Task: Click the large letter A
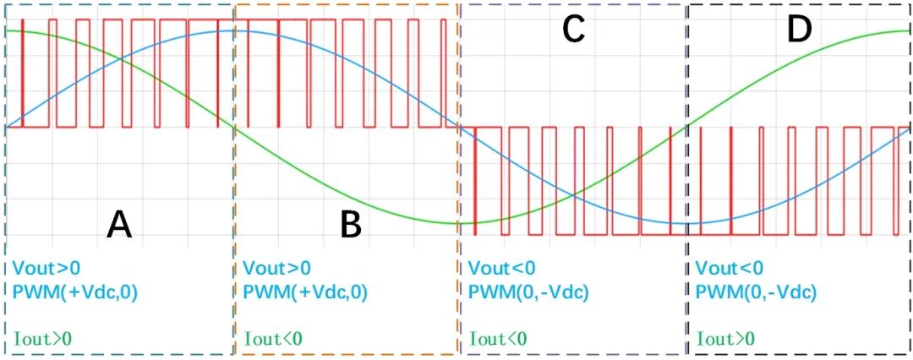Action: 119,224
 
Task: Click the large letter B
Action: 351,224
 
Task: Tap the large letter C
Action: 573,30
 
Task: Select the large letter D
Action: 798,30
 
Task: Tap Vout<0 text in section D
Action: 729,269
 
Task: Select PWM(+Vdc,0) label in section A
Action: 75,292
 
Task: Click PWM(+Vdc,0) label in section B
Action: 305,292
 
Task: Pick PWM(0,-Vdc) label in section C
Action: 528,292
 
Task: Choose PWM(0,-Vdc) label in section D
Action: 756,292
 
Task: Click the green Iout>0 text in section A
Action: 42,339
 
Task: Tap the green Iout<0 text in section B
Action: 273,339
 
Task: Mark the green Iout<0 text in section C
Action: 498,339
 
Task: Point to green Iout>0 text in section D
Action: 725,339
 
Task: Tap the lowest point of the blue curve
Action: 686,224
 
